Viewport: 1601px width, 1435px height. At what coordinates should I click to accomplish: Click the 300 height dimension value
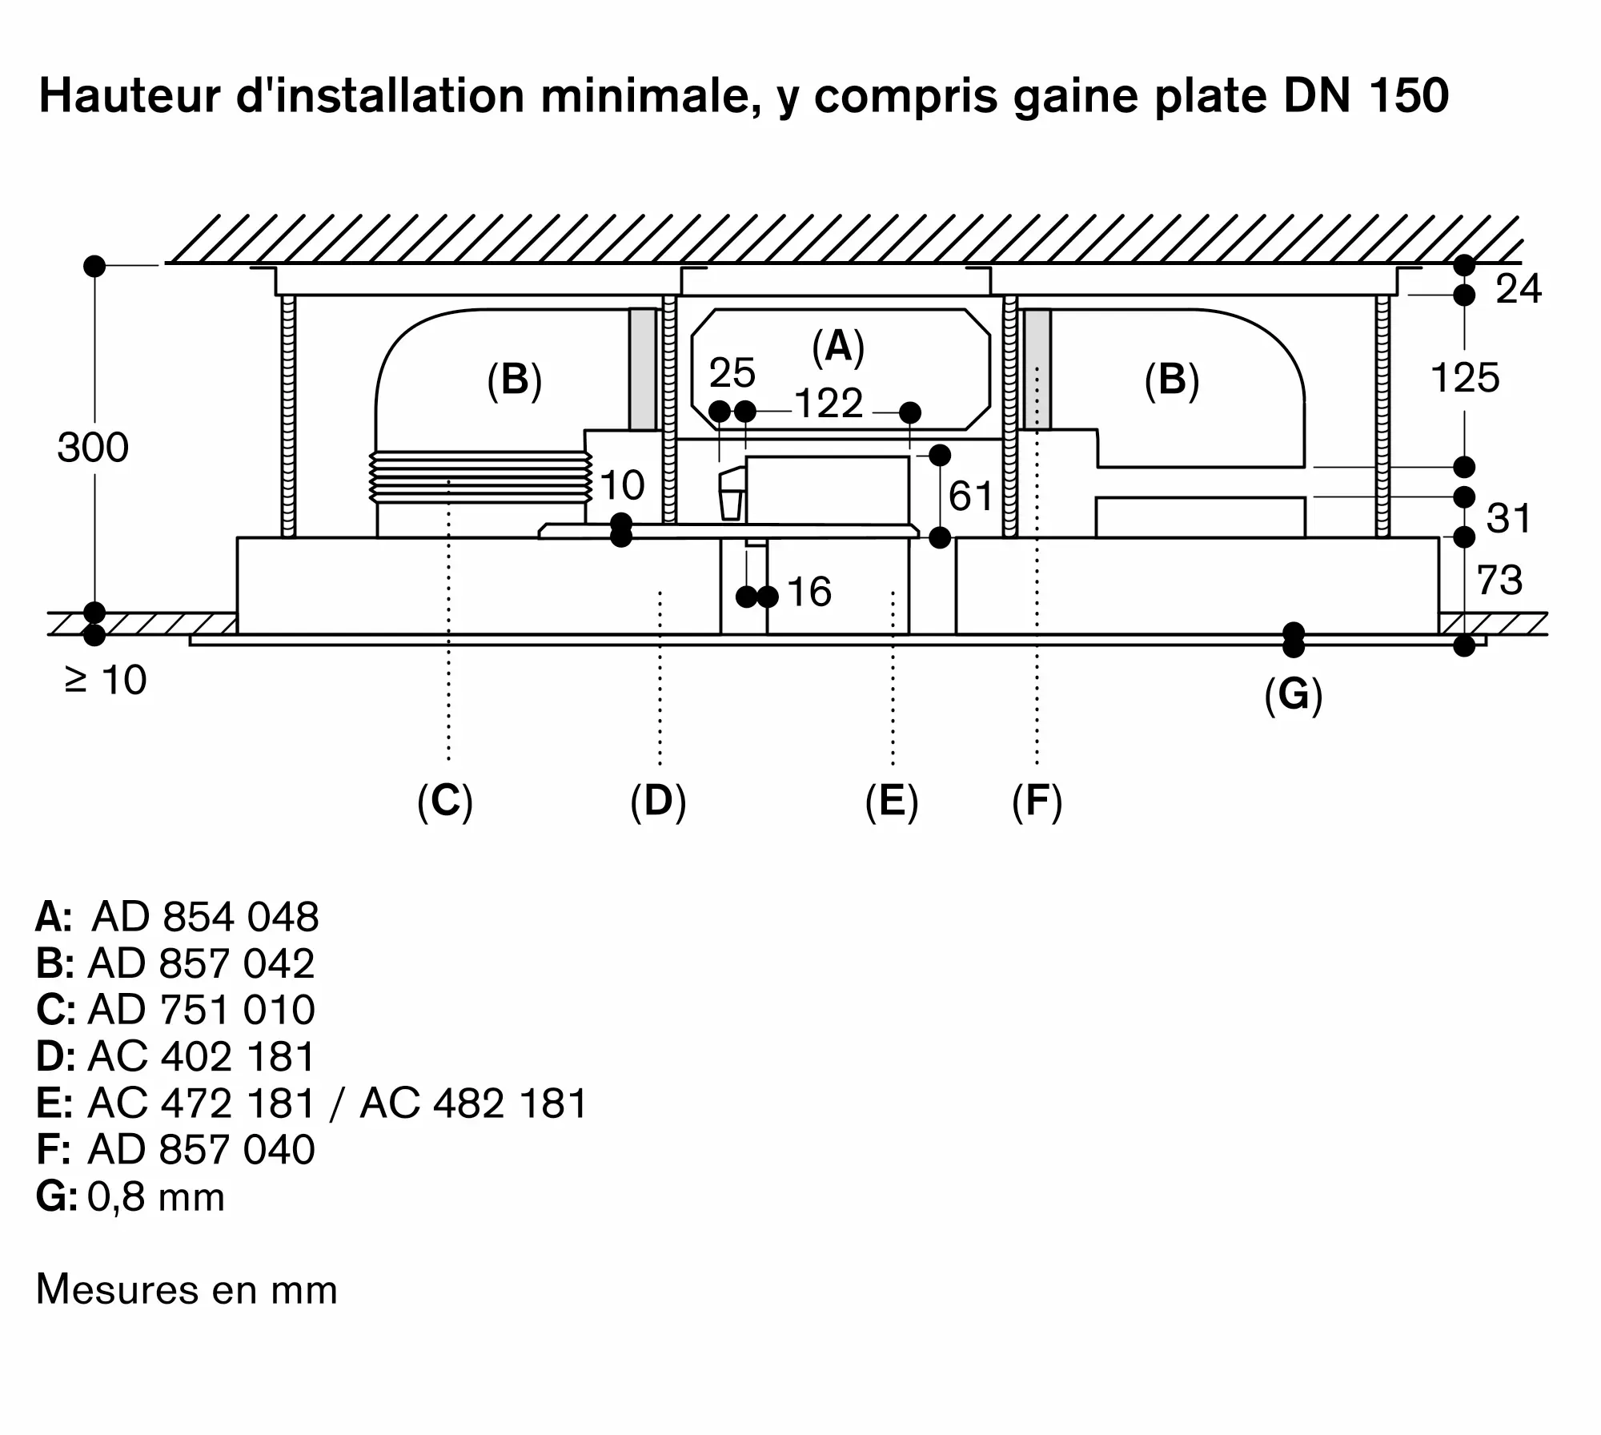(93, 448)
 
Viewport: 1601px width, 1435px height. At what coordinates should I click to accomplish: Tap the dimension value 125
(1464, 378)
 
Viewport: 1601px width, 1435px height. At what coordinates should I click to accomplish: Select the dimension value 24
(1518, 289)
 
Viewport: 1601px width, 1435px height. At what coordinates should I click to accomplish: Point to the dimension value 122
(829, 403)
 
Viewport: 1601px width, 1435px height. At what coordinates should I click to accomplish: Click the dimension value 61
(970, 496)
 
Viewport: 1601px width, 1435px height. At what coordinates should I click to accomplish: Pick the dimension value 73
(1499, 581)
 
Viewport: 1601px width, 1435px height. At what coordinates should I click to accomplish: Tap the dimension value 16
(809, 593)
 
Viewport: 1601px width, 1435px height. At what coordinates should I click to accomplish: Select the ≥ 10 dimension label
(106, 681)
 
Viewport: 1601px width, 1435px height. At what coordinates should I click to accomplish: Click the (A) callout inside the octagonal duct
(838, 348)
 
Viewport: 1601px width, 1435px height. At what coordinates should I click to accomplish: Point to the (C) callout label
(445, 801)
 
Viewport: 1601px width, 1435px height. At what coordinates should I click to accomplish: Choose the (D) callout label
(658, 801)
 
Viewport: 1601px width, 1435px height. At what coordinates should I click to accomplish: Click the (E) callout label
(892, 801)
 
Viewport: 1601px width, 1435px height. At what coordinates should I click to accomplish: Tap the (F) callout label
(1037, 801)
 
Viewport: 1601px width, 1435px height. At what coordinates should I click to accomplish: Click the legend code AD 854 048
(205, 917)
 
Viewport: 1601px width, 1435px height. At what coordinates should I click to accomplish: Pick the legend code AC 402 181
(201, 1057)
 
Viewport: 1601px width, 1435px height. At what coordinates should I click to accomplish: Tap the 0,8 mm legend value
(156, 1197)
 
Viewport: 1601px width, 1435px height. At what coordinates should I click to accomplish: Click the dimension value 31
(1508, 519)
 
